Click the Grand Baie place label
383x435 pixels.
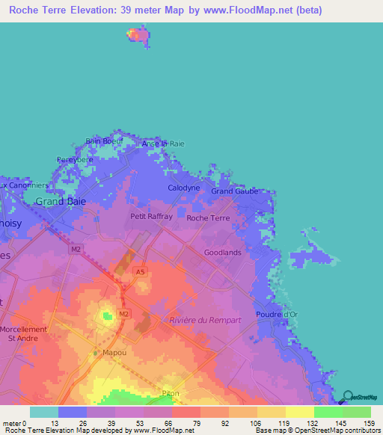tap(61, 202)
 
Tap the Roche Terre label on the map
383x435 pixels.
tap(208, 218)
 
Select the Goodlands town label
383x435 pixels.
tap(223, 253)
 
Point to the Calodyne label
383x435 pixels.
tap(183, 188)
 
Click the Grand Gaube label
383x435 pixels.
tap(234, 191)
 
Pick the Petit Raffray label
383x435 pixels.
tap(151, 217)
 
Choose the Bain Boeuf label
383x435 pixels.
tap(103, 141)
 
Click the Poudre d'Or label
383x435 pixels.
tap(277, 315)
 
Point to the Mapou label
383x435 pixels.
tap(114, 351)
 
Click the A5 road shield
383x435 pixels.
tap(141, 272)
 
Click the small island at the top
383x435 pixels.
tap(136, 34)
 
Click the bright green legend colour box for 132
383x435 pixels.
tap(328, 412)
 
